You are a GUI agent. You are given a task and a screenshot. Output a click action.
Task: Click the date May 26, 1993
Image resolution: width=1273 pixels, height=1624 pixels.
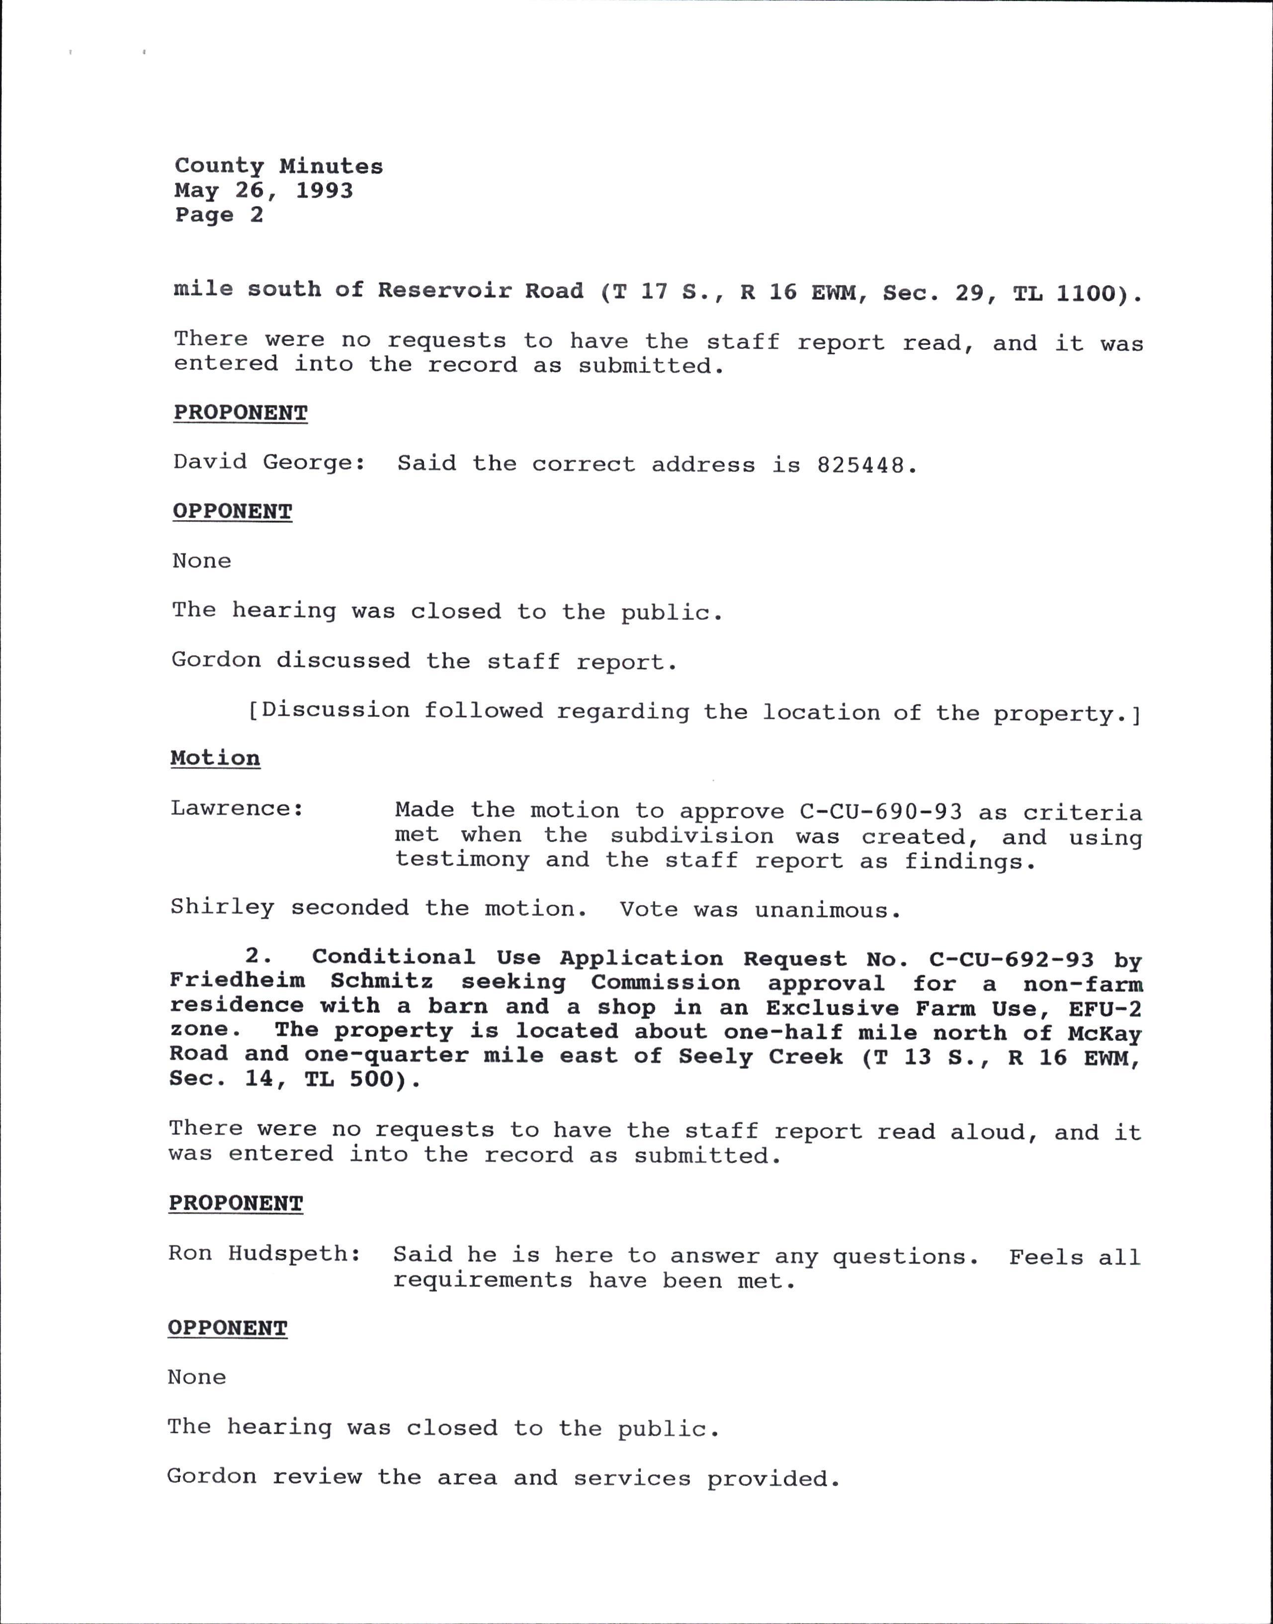264,191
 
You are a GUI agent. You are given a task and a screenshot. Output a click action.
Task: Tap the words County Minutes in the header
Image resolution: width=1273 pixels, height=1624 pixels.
279,166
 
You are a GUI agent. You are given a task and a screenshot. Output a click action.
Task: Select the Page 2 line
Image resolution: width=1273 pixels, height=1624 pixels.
219,215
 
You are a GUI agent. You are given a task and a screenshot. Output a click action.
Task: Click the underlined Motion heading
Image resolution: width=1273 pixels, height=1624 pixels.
215,759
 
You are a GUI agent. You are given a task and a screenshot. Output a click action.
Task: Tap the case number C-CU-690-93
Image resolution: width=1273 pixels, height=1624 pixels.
880,811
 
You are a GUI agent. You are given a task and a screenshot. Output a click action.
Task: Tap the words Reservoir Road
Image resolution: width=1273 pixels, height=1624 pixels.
480,291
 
